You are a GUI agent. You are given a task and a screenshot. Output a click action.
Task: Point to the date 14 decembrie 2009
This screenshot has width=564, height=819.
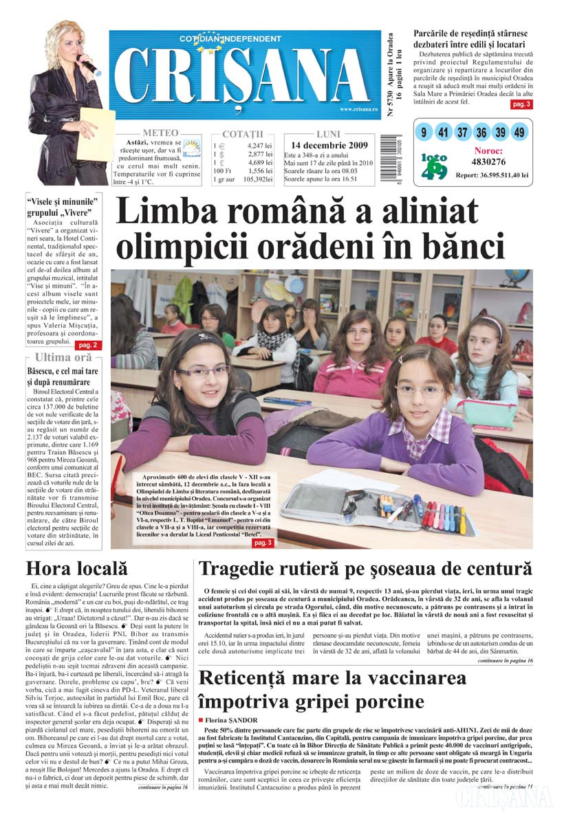tap(329, 146)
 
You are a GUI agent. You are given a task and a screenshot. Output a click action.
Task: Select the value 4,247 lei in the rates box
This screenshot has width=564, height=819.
tap(259, 146)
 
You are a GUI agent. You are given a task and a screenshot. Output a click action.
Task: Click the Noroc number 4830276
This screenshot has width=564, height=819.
tap(488, 162)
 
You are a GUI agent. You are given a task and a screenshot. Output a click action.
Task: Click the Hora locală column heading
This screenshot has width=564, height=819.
tap(77, 569)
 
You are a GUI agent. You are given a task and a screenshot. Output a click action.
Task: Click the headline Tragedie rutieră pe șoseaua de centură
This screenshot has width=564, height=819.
tap(365, 569)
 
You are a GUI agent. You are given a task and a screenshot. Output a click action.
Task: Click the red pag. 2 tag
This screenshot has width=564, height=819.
tap(89, 345)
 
